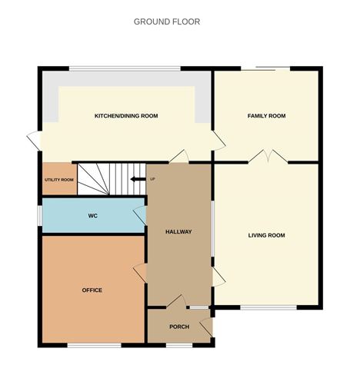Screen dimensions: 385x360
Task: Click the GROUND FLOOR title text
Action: tap(167, 22)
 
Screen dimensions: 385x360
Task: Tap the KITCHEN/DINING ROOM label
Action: tap(126, 116)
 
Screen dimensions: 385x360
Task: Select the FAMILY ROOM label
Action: tap(266, 116)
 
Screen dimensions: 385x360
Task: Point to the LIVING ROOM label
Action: tap(266, 235)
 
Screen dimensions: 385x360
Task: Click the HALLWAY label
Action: tap(178, 231)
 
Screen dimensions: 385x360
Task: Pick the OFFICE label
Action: tap(92, 290)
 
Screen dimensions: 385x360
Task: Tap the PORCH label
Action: tap(179, 327)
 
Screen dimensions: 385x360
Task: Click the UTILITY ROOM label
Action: tap(58, 180)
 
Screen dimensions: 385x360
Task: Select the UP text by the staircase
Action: tap(152, 179)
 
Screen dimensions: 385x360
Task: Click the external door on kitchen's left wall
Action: tap(34, 141)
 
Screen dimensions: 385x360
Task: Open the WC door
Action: tap(139, 214)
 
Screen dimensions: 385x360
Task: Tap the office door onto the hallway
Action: tap(140, 273)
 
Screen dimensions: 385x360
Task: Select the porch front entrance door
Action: tap(206, 329)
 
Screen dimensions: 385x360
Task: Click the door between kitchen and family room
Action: tap(218, 139)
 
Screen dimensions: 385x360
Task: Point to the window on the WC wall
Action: tap(40, 216)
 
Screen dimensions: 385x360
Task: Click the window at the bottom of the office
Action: tap(94, 345)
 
